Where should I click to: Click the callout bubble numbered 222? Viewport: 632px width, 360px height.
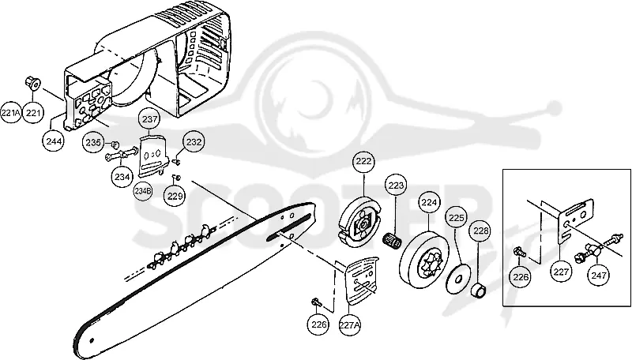pos(364,162)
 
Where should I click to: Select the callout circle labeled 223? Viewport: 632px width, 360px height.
pos(397,186)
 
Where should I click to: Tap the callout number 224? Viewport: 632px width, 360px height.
pos(429,203)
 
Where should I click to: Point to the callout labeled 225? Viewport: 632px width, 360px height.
pos(457,218)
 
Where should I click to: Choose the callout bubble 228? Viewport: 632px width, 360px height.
pos(480,231)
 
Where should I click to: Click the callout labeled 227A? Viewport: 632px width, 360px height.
pos(349,324)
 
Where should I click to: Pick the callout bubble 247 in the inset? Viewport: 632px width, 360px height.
pos(599,276)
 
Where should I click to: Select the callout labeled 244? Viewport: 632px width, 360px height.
pos(54,141)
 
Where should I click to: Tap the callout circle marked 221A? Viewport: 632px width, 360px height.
pos(10,113)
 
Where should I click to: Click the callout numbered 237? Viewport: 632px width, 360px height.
pos(149,119)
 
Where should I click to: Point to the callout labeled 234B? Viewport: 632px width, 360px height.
pos(143,191)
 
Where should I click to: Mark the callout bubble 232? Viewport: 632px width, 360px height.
pos(194,142)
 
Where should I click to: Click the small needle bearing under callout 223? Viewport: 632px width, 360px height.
pos(393,241)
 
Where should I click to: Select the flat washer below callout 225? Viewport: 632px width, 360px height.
pos(459,277)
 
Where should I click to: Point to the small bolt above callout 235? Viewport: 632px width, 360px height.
pos(114,144)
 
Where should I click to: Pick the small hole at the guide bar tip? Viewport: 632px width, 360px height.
pos(92,339)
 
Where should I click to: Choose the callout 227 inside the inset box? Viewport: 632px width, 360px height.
pos(561,272)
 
